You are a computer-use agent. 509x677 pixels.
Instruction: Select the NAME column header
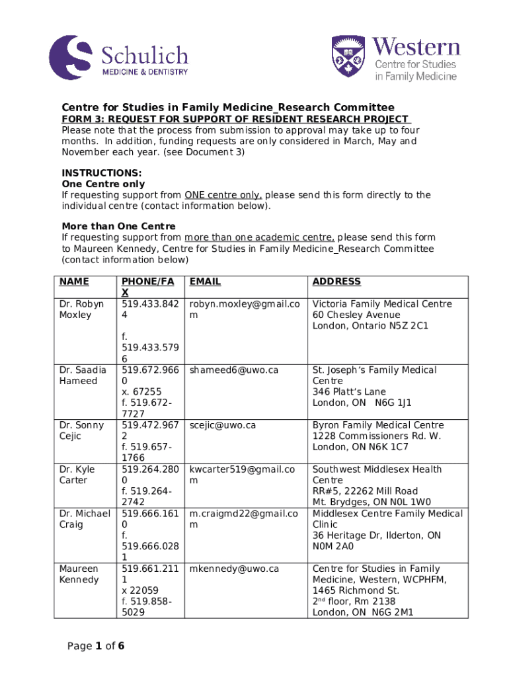tap(74, 282)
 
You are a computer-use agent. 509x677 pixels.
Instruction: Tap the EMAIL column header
tap(205, 282)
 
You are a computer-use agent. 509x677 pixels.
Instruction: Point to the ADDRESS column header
tap(336, 282)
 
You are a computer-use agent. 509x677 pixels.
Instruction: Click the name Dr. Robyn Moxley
tap(81, 309)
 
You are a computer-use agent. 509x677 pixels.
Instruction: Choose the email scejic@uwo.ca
tap(222, 425)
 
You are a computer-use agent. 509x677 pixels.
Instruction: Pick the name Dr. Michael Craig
tap(83, 519)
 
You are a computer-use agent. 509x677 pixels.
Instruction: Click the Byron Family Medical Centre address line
tap(378, 425)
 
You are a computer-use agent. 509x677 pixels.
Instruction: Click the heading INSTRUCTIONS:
tap(92, 173)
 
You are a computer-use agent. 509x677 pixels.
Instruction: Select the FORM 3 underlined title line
tap(236, 119)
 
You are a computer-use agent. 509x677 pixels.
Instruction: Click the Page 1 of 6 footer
tap(96, 646)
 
